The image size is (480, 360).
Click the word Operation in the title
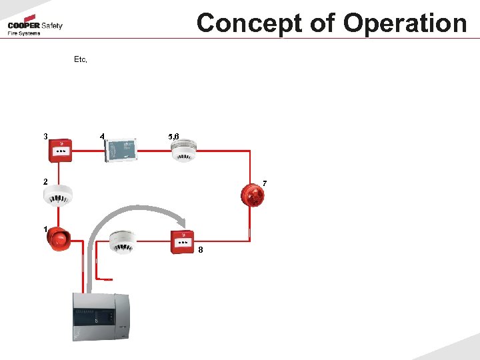coord(405,23)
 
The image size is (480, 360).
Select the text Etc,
coord(81,59)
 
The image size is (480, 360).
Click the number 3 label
coord(45,137)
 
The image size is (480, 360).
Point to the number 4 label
coord(101,137)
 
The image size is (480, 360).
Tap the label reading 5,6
coord(174,137)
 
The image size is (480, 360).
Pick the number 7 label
coord(265,183)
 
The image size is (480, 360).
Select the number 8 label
coord(201,250)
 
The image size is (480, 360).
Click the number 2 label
coord(45,181)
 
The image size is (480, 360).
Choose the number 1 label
coord(45,229)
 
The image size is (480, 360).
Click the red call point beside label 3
coord(61,151)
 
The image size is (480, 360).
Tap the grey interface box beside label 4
coord(122,150)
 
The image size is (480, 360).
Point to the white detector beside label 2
coord(57,194)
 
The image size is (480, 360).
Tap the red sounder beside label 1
coord(59,239)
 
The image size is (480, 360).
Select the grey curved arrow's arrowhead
coord(182,225)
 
